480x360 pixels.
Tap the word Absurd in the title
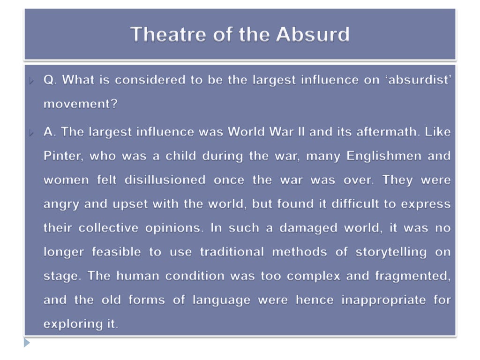(x=313, y=34)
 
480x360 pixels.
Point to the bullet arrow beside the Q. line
(x=31, y=81)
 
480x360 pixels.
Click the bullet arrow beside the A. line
(x=31, y=133)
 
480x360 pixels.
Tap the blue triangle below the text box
(x=27, y=343)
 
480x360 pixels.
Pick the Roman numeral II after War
(x=300, y=132)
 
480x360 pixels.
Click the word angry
(x=60, y=204)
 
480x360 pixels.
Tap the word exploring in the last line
(x=69, y=324)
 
